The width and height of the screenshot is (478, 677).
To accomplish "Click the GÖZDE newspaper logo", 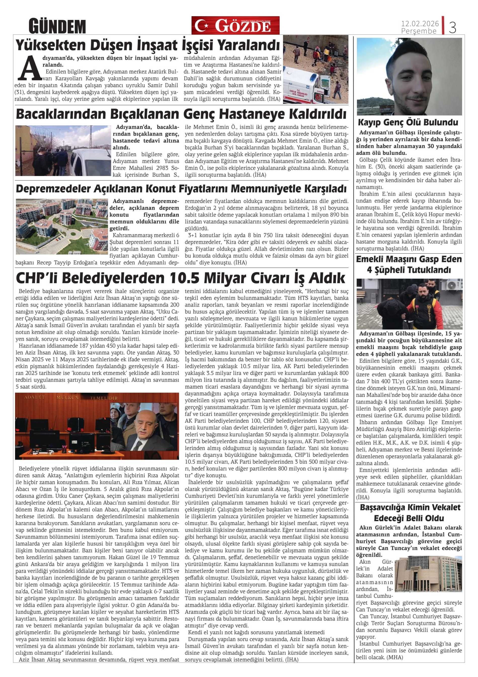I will click(235, 26).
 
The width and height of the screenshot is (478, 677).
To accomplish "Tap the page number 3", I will click(452, 27).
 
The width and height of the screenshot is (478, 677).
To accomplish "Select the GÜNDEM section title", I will click(57, 26).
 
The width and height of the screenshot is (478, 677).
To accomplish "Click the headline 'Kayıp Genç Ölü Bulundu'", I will click(408, 122).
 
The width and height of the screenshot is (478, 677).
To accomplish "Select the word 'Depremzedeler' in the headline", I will click(53, 189).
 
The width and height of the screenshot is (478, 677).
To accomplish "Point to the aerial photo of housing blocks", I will click(62, 226).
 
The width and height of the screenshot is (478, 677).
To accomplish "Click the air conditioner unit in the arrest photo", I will click(454, 285).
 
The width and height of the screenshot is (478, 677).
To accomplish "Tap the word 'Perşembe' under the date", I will click(419, 31).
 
